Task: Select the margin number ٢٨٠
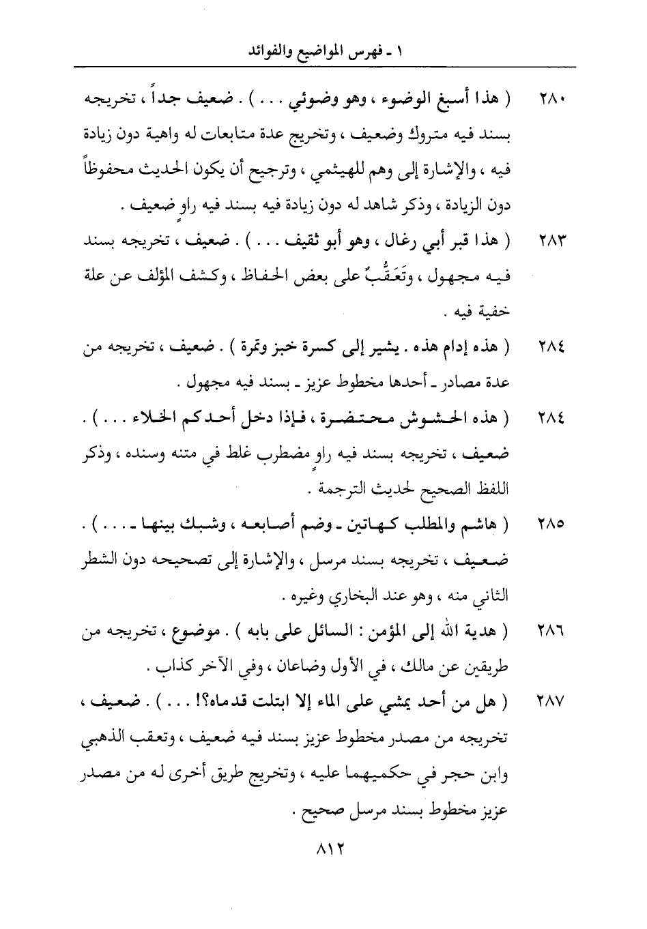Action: click(x=549, y=100)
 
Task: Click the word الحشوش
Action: click(x=425, y=421)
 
